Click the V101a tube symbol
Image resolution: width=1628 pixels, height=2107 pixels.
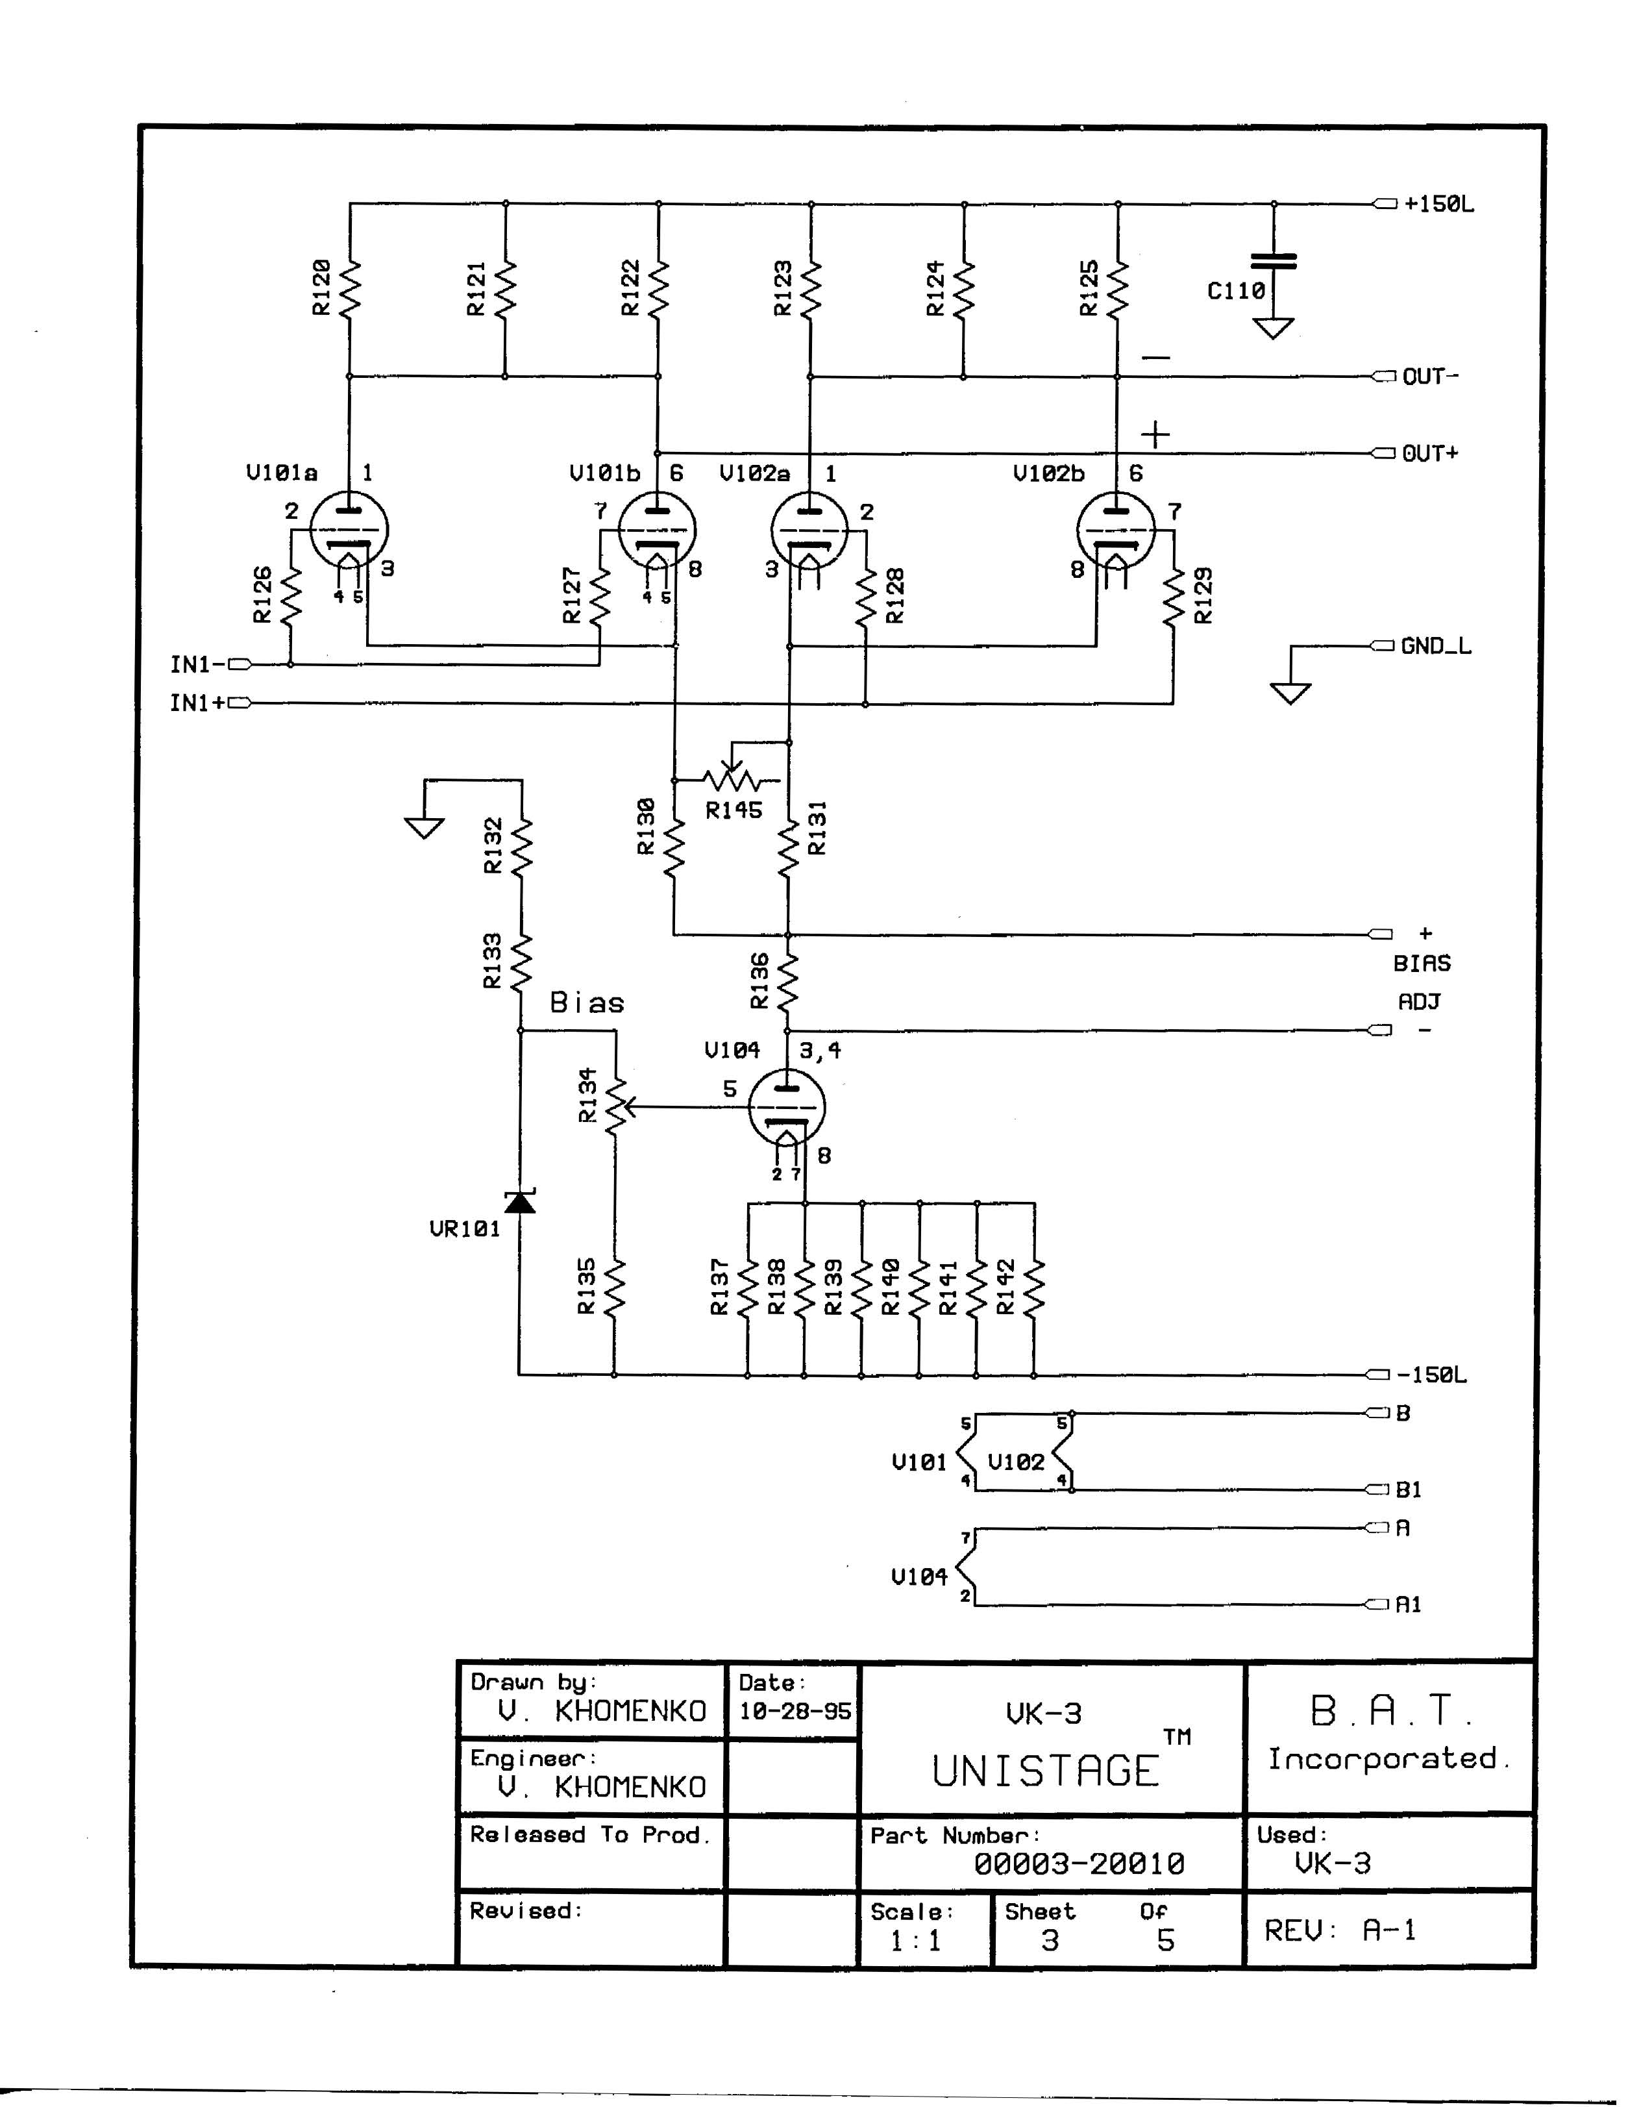click(x=349, y=530)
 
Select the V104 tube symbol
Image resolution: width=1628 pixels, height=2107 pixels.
click(x=787, y=1108)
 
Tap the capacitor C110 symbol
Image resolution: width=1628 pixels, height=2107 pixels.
click(x=1273, y=262)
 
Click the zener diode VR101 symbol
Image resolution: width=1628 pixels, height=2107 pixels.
click(x=521, y=1202)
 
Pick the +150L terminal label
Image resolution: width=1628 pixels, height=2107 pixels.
click(x=1439, y=205)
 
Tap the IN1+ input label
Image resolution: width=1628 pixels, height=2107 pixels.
click(x=198, y=703)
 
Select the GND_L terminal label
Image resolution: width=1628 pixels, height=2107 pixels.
click(x=1436, y=646)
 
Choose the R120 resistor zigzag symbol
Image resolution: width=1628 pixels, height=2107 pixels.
click(x=349, y=288)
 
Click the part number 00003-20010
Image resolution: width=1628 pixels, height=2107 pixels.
click(x=1078, y=1864)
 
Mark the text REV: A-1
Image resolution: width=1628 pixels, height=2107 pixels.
click(x=1340, y=1930)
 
